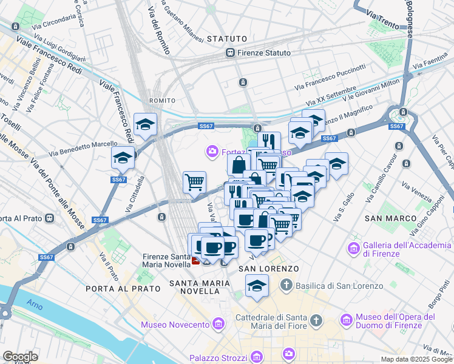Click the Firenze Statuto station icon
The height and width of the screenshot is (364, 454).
[231, 53]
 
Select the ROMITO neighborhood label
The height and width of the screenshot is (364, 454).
[162, 100]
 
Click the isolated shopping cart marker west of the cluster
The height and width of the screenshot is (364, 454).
[194, 181]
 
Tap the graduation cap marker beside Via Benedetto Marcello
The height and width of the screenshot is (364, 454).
[123, 158]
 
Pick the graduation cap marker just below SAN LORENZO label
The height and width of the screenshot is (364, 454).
[257, 285]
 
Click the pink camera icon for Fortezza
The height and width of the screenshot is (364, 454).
[212, 150]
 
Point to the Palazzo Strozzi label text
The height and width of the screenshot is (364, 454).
[218, 357]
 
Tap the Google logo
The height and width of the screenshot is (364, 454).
[20, 357]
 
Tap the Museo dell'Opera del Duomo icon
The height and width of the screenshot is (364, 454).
[347, 320]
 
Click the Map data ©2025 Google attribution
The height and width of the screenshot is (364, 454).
[416, 359]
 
